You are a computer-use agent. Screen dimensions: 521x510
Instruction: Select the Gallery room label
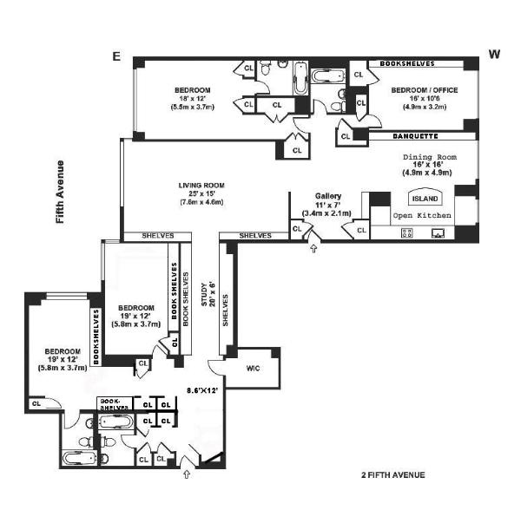pyautogui.click(x=328, y=197)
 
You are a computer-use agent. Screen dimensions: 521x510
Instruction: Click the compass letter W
pyautogui.click(x=494, y=54)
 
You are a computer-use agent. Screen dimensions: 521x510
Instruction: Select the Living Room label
pyautogui.click(x=201, y=185)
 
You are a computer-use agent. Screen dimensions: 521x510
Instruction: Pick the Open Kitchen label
pyautogui.click(x=422, y=214)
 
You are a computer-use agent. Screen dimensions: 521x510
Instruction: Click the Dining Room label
pyautogui.click(x=429, y=157)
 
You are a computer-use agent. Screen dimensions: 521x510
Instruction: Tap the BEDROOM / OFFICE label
pyautogui.click(x=424, y=90)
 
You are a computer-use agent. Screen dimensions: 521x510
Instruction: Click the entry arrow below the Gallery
pyautogui.click(x=314, y=250)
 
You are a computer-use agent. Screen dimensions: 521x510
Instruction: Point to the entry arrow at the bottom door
pyautogui.click(x=186, y=474)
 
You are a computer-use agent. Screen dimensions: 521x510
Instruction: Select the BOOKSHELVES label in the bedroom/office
pyautogui.click(x=414, y=63)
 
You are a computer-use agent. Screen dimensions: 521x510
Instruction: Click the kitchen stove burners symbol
pyautogui.click(x=406, y=232)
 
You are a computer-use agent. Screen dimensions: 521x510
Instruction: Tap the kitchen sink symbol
pyautogui.click(x=439, y=232)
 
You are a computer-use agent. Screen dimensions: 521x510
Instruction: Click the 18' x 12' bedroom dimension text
pyautogui.click(x=191, y=98)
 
